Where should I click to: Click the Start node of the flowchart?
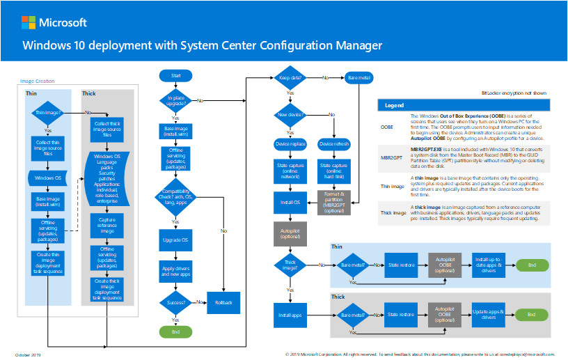[175, 75]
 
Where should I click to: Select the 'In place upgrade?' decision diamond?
[175, 100]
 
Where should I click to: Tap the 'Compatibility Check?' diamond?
[175, 194]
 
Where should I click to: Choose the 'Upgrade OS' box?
[175, 240]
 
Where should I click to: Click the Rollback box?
[223, 302]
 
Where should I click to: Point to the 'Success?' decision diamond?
[175, 302]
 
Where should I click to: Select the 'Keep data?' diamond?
[290, 77]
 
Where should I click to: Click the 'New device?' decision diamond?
[290, 114]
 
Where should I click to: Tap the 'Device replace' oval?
[290, 144]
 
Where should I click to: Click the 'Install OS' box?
[290, 203]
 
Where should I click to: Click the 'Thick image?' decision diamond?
[290, 265]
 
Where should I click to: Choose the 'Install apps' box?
[290, 315]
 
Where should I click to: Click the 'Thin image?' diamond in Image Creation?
[47, 113]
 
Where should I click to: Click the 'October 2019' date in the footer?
[29, 354]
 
